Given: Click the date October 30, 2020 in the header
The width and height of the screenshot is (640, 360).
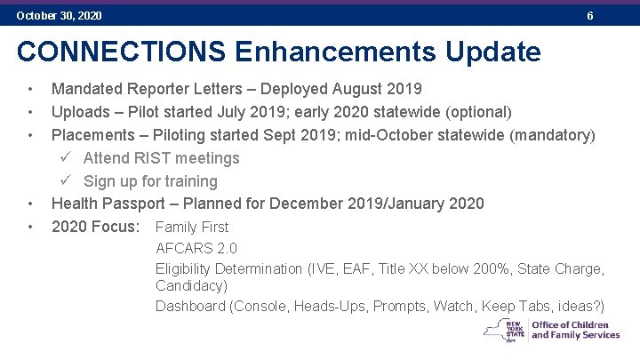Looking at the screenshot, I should click(x=59, y=16).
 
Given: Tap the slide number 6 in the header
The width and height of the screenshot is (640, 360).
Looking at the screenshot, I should click(x=590, y=16).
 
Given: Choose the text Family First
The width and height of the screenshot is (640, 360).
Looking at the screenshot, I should click(x=192, y=228).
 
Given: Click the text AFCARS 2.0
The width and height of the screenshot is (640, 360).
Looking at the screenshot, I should click(x=196, y=248).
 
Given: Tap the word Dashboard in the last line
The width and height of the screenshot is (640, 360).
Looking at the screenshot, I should click(x=190, y=307).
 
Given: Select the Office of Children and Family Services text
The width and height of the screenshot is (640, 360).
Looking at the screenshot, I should click(x=575, y=331).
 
